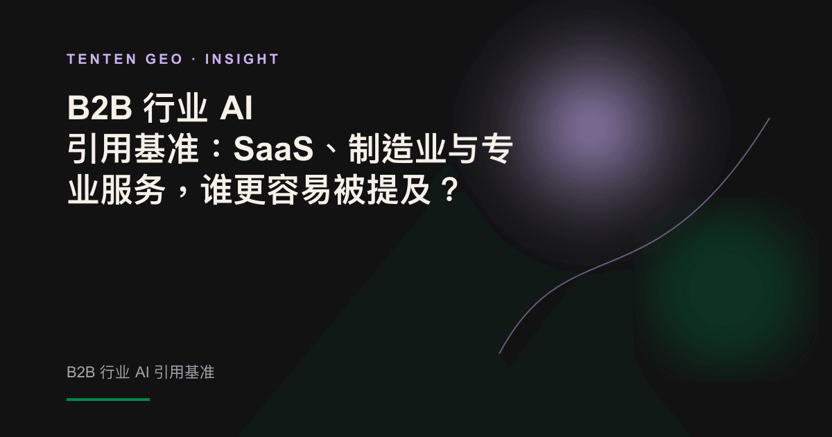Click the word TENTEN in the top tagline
click(101, 59)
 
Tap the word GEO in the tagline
click(164, 59)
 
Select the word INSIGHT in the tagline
click(242, 59)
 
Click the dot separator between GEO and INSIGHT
click(194, 60)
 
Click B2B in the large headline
click(100, 108)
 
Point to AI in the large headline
click(236, 108)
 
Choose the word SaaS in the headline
click(273, 148)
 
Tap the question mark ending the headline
click(450, 189)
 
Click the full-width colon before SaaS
click(216, 149)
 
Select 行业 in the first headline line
click(175, 108)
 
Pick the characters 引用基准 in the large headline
click(132, 148)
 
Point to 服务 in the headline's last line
click(132, 189)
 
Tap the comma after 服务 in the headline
click(182, 194)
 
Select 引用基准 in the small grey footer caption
click(184, 372)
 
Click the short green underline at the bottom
click(108, 400)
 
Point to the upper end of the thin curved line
click(769, 119)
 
